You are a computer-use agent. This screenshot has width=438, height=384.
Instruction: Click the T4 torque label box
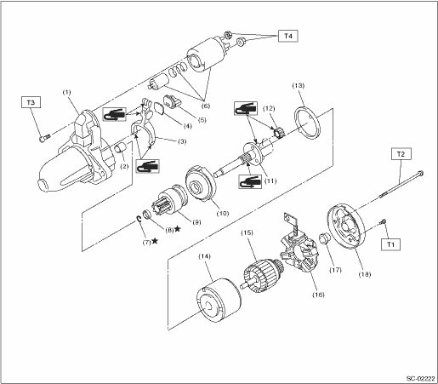(288, 36)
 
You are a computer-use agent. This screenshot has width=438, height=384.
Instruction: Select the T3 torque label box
(31, 102)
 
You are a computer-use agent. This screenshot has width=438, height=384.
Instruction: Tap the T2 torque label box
(401, 154)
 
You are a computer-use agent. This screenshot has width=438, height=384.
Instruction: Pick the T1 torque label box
(391, 244)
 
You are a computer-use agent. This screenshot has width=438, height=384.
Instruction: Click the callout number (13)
(299, 86)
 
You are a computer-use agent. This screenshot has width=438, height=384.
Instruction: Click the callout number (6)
(206, 106)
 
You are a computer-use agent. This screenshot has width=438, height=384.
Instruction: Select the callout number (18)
(365, 274)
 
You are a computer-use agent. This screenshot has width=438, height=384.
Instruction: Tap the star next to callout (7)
(155, 241)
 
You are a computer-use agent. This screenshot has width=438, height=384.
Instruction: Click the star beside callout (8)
(178, 228)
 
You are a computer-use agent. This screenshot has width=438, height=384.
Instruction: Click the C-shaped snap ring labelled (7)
(139, 219)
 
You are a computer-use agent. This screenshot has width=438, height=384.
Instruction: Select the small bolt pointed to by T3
(44, 138)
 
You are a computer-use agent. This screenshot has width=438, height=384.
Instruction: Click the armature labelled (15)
(263, 278)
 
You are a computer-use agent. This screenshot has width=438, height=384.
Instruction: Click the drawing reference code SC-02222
(420, 379)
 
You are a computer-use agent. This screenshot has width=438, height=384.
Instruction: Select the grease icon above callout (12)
(246, 108)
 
